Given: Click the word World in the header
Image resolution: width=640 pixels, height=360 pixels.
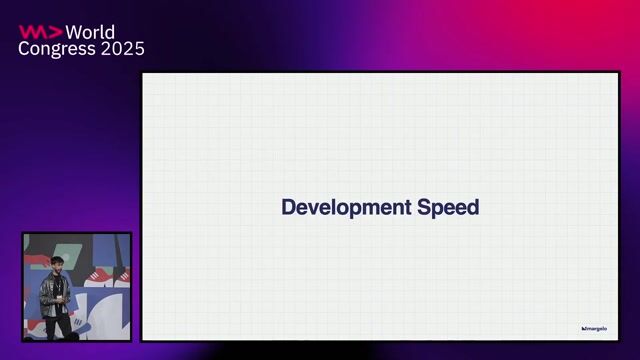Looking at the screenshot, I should point(90,31).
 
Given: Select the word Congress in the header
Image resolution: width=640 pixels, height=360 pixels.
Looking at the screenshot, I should point(51,48).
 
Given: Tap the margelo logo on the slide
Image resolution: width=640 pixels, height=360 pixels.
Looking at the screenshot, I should point(594,328).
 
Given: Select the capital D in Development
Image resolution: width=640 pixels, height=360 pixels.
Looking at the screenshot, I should point(288,208).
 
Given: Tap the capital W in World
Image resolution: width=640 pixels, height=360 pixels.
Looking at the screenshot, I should point(73,31).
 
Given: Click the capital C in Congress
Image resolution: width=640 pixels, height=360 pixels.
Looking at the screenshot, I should point(25,48).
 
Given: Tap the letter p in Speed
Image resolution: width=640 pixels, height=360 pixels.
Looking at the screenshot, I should point(436,210).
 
